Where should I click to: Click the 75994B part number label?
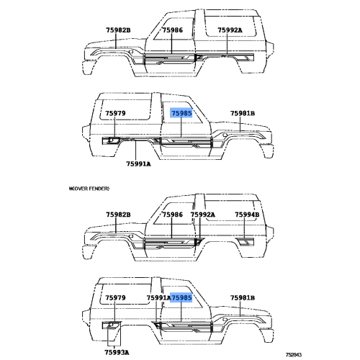247,215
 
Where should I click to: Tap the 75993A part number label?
117,352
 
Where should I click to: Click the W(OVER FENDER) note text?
89,189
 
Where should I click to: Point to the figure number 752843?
293,354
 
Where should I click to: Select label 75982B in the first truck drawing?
118,30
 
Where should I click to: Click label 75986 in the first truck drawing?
173,30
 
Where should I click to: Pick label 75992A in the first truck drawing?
230,30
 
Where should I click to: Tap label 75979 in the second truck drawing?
115,113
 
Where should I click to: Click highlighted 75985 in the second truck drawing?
181,113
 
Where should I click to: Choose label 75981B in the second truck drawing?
243,113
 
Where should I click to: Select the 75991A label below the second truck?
138,164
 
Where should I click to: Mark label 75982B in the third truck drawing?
118,215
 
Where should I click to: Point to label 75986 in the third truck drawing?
173,215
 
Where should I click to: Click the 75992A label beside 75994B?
203,215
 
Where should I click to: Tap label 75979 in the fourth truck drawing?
115,297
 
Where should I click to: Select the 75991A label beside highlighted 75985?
158,297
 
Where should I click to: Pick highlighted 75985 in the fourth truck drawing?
181,297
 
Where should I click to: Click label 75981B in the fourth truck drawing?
243,297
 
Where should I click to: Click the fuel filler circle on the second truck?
111,140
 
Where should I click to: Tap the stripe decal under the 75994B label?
245,242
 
